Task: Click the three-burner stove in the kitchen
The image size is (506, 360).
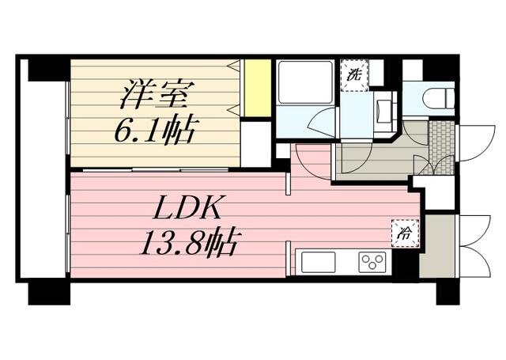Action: [372, 261]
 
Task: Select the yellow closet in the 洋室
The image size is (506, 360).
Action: [256, 87]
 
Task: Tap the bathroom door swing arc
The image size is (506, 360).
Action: [322, 124]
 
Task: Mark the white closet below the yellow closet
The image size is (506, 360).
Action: [255, 142]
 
